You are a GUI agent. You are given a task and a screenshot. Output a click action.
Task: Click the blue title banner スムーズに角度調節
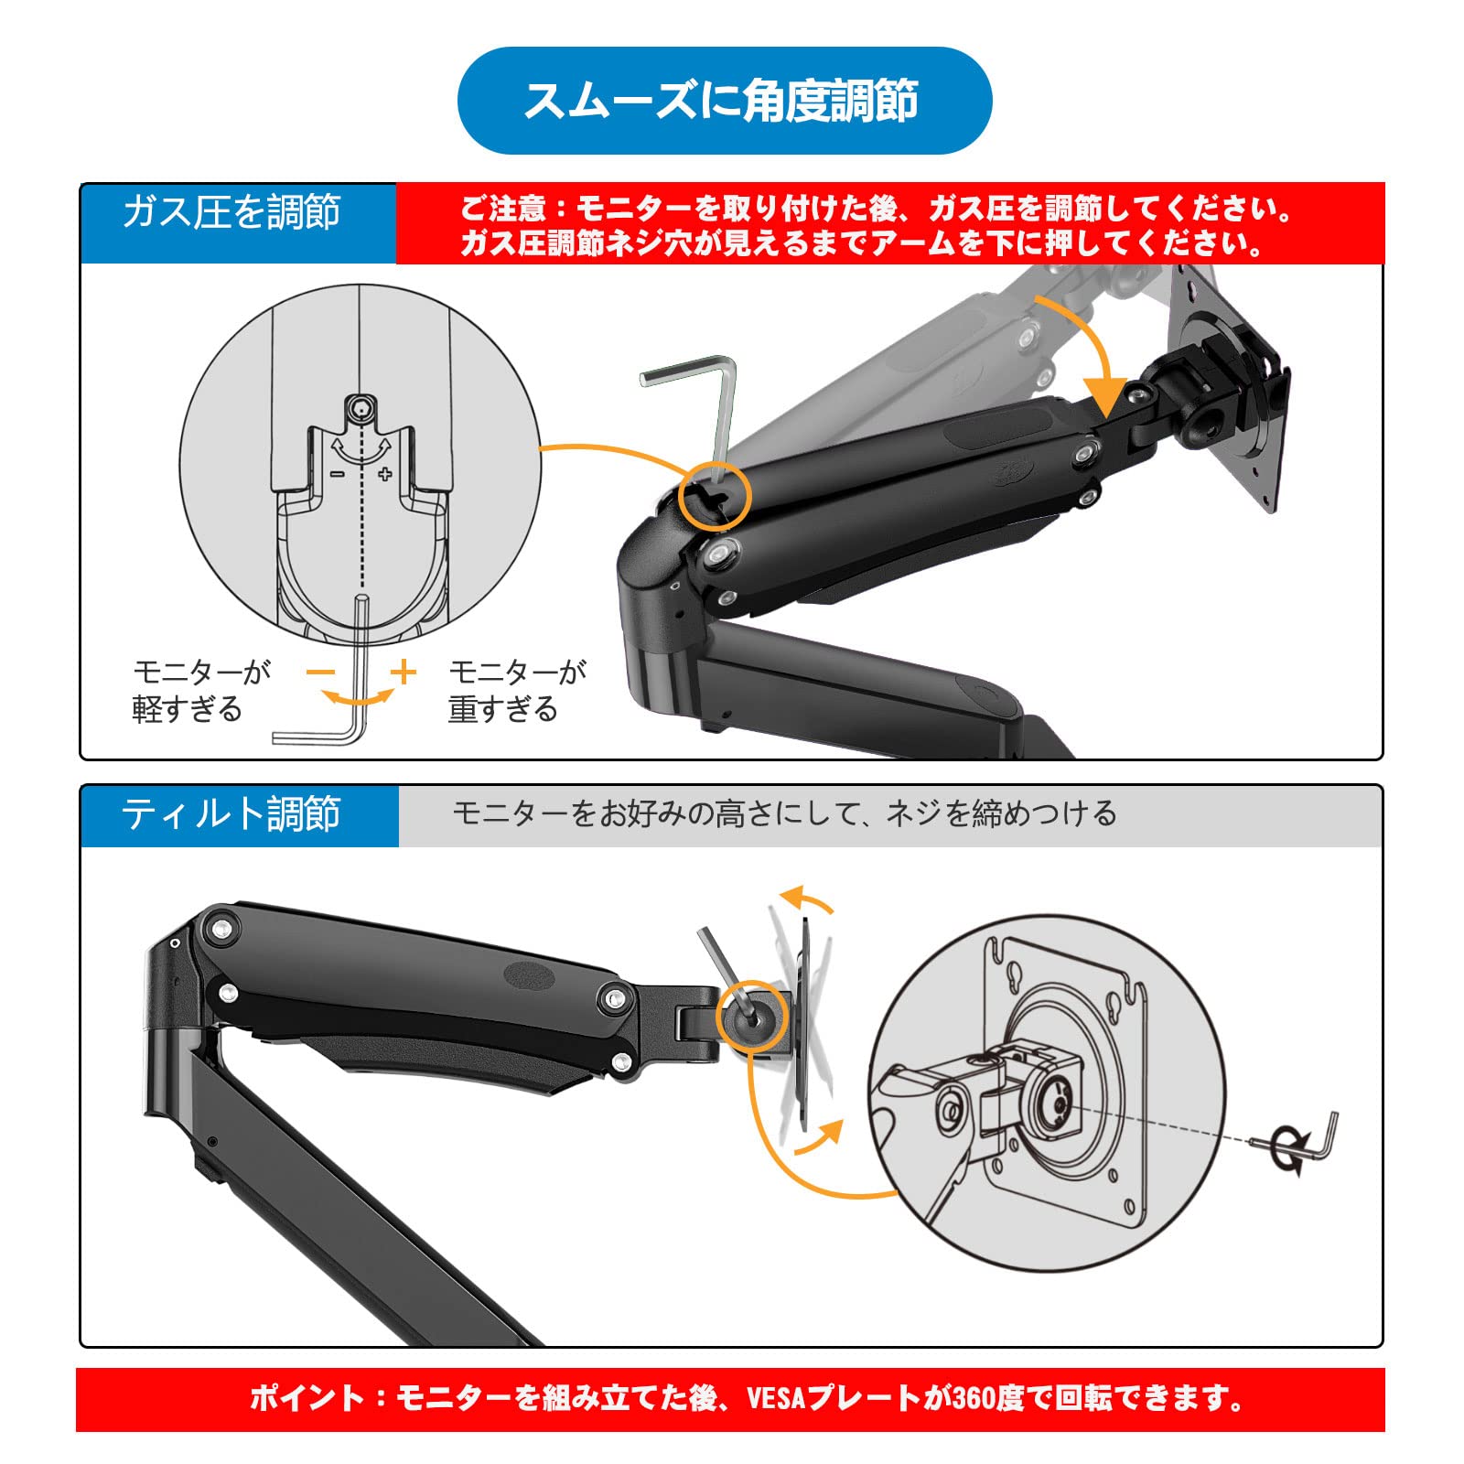coord(724,101)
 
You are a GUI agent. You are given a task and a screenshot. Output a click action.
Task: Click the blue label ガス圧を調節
coord(231,212)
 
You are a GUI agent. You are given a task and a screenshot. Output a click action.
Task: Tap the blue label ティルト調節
coord(231,813)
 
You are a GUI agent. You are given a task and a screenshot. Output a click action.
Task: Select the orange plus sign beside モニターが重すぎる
coord(403,673)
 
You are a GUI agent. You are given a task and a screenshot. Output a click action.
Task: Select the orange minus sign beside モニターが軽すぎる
coord(321,673)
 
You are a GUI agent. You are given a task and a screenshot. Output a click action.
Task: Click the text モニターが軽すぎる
coord(201,691)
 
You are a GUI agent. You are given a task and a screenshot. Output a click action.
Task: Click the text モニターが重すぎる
coord(517,691)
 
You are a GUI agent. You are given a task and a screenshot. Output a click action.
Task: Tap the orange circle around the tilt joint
coord(751,1015)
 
